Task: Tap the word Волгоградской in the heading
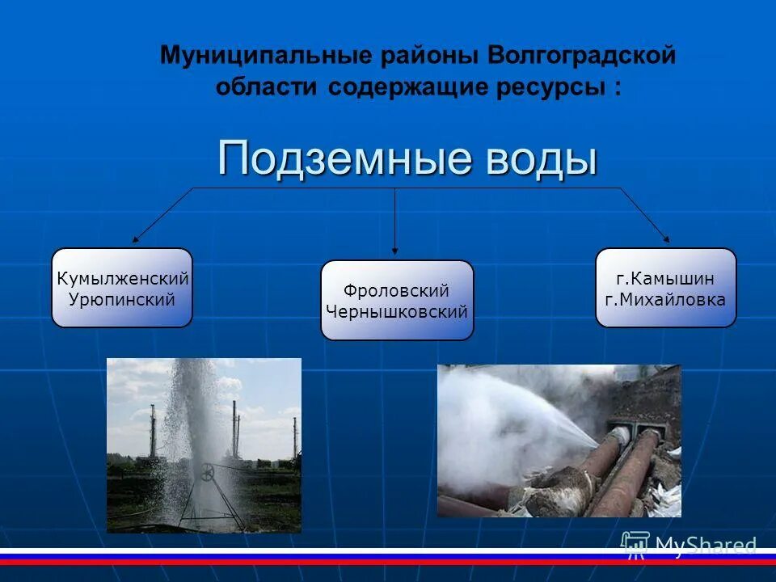[x=580, y=56]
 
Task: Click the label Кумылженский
[x=123, y=279]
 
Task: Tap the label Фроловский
[x=396, y=291]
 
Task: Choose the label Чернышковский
[x=396, y=311]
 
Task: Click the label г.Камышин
[x=665, y=279]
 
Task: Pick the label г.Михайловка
[x=665, y=299]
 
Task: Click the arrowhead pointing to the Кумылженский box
[x=136, y=240]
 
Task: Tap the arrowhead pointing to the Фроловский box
[x=394, y=251]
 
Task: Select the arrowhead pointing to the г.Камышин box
[x=667, y=239]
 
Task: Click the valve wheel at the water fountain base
[x=208, y=474]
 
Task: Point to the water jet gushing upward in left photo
[x=194, y=404]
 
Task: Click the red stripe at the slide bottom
[x=388, y=562]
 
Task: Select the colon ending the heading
[x=618, y=89]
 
